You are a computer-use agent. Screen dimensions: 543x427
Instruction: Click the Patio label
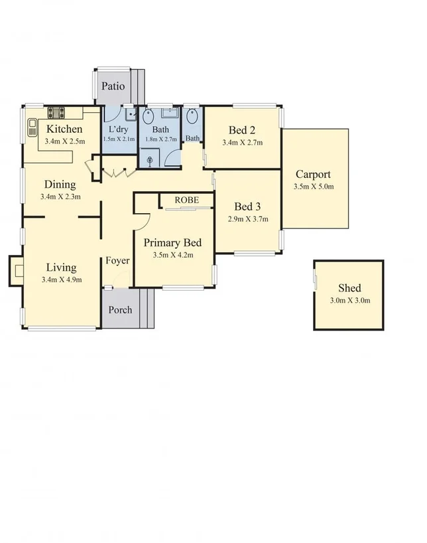113,86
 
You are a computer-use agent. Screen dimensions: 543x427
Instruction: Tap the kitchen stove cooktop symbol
54,112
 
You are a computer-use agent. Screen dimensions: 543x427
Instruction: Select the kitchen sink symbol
31,127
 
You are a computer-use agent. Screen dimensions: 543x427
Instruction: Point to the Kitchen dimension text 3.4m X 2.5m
64,141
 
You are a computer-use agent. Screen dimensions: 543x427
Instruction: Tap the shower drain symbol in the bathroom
151,159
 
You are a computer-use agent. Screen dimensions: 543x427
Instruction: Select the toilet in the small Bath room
192,117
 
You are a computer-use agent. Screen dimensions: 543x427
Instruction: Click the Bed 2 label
242,129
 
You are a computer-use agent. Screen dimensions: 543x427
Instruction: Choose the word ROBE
187,200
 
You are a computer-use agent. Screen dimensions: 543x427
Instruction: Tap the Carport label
313,175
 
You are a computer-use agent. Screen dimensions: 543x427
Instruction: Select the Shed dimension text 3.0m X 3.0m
349,301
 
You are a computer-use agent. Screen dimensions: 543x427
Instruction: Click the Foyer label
117,260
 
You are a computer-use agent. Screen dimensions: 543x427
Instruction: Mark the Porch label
120,309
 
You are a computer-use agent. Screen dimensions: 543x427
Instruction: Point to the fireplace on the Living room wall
16,271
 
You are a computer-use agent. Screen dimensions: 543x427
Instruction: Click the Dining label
60,185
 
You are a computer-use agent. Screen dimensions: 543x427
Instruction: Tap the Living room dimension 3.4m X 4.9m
61,280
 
